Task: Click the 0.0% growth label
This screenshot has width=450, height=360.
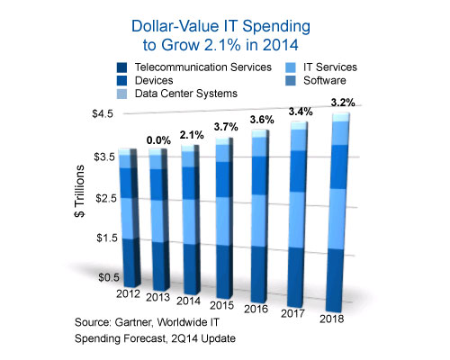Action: point(158,139)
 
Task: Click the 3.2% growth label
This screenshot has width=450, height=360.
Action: point(342,101)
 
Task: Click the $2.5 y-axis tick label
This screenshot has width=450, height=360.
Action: point(105,197)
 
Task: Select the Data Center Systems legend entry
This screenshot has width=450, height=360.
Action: point(184,93)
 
